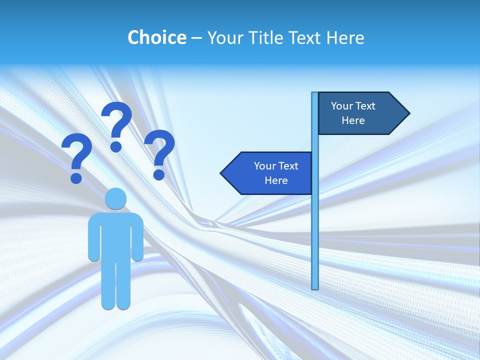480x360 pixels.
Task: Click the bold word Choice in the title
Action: click(156, 37)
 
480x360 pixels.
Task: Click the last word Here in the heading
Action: click(345, 37)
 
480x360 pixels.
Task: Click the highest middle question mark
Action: click(116, 125)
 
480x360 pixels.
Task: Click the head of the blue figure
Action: click(115, 198)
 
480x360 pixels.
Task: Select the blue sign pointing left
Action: click(270, 173)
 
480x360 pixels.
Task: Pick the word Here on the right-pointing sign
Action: click(353, 120)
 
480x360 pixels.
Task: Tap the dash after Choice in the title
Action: click(196, 37)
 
